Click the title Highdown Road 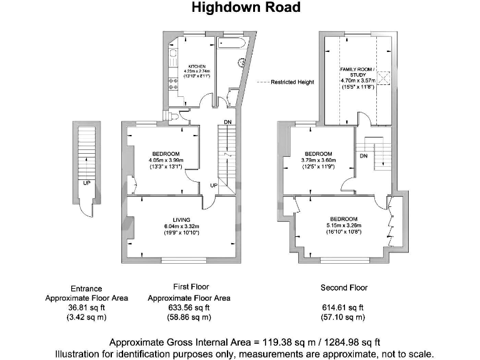click(x=246, y=8)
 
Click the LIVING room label click(x=181, y=219)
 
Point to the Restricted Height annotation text click(x=292, y=82)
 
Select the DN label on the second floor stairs click(x=363, y=156)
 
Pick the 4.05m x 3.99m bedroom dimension click(x=166, y=161)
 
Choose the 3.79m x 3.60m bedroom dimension click(x=318, y=161)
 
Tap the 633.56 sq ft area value click(x=189, y=307)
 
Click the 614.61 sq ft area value click(x=343, y=307)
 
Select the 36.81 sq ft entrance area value click(x=86, y=307)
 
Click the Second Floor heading click(x=344, y=288)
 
